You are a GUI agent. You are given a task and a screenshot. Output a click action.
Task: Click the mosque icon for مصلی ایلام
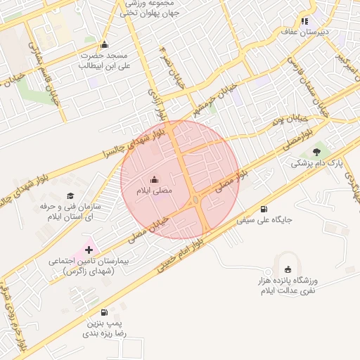tap(155, 179)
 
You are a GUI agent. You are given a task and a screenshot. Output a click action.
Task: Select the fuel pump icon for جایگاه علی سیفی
tap(264, 209)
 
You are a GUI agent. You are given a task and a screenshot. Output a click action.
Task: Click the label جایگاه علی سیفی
tap(264, 220)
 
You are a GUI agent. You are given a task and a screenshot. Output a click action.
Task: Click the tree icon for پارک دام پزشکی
tap(316, 151)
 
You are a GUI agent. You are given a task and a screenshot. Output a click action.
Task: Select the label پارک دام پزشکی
tap(316, 163)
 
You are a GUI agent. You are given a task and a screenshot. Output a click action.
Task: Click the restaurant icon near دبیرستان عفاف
tap(305, 21)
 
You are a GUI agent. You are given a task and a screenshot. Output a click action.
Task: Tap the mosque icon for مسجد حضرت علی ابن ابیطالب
tap(105, 45)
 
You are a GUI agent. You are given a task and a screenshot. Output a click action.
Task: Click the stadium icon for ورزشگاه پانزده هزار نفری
tap(288, 269)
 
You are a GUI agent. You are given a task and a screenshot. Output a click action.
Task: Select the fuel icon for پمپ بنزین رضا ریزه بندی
tap(104, 312)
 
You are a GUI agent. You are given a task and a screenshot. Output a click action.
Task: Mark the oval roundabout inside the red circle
tap(195, 202)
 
